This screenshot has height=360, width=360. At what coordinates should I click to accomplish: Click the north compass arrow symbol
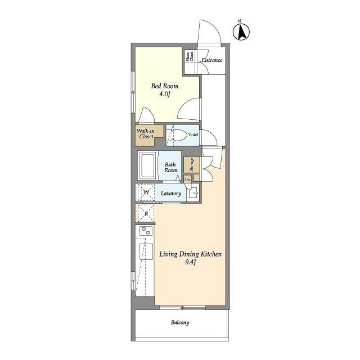coord(241,32)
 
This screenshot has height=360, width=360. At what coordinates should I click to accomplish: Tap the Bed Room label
coord(165,86)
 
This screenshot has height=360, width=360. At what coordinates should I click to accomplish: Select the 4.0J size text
coord(164,94)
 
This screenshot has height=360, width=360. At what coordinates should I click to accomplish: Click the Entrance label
coord(212,60)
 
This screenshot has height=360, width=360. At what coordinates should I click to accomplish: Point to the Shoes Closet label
coord(190,56)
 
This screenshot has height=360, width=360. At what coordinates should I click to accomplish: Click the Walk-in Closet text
coord(146,134)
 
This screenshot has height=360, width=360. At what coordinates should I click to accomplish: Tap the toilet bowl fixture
coord(178,135)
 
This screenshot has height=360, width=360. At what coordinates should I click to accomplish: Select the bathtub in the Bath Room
coord(147,165)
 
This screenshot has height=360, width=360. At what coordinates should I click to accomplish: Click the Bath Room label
coord(171,168)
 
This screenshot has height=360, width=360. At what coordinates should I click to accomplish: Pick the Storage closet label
coord(191,165)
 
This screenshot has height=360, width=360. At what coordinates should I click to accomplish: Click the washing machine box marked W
coord(146,192)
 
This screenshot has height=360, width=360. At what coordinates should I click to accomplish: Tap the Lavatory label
coord(171,193)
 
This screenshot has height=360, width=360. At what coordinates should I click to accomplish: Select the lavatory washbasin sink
coord(193,193)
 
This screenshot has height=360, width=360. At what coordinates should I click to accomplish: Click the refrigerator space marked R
coord(146,214)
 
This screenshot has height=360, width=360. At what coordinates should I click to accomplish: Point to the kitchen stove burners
coord(146,231)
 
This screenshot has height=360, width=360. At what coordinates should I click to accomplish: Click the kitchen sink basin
coord(146,251)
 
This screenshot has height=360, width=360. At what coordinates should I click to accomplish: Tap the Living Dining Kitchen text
coord(191,254)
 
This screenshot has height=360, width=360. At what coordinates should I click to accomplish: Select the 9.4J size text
coord(190,262)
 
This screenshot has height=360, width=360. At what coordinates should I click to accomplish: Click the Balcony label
coord(180,322)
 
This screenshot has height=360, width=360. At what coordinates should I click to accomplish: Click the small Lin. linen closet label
coord(187,179)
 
